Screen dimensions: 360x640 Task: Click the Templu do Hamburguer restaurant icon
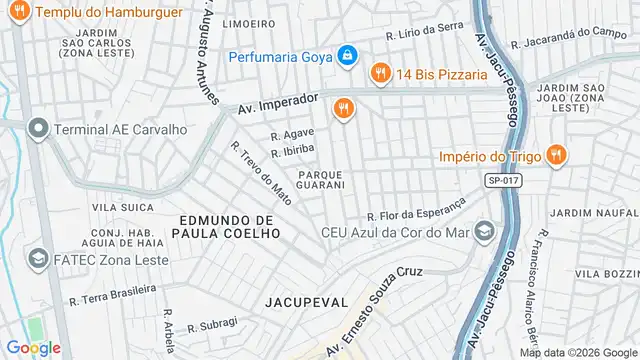17,12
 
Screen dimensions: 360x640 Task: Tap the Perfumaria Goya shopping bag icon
345,55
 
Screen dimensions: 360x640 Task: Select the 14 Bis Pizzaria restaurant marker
379,73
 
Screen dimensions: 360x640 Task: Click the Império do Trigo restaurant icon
557,156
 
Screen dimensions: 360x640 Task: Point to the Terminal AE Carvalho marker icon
38,129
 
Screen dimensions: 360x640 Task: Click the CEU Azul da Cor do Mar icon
484,231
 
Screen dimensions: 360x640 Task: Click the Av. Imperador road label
277,105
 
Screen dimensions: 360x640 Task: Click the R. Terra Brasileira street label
112,293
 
